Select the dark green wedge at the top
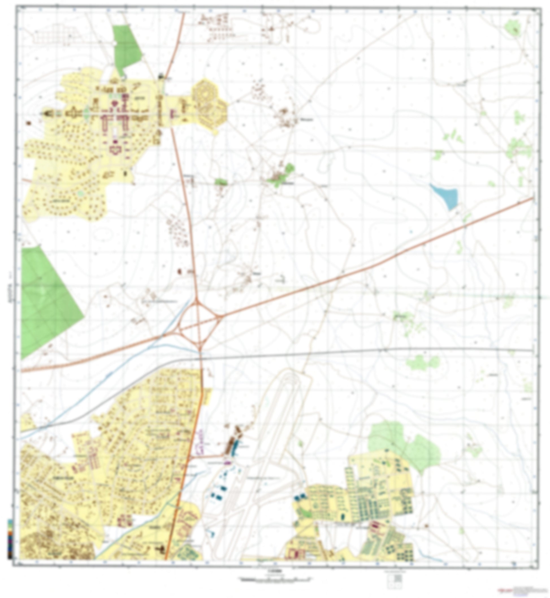[127, 48]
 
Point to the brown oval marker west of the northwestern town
[29, 123]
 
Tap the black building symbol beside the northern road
[161, 76]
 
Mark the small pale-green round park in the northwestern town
[80, 194]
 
